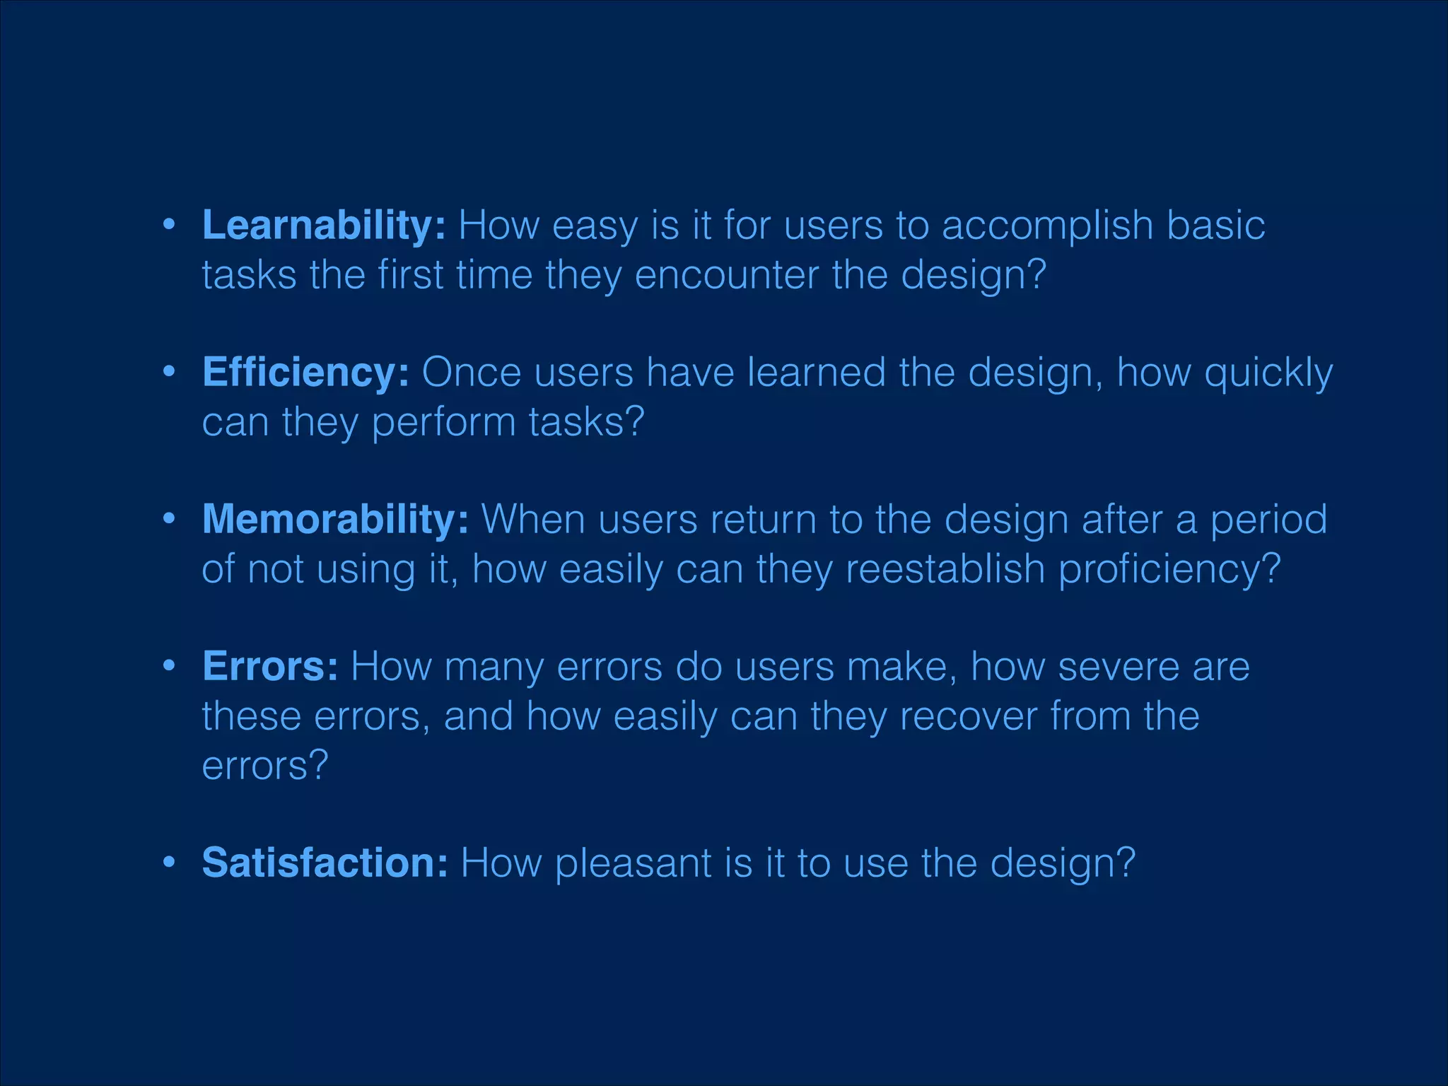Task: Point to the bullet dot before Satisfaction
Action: point(168,863)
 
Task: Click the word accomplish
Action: point(1048,226)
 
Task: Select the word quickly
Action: point(1268,373)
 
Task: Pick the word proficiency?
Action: point(1169,570)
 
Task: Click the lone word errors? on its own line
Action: point(265,766)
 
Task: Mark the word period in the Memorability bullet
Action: point(1268,520)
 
